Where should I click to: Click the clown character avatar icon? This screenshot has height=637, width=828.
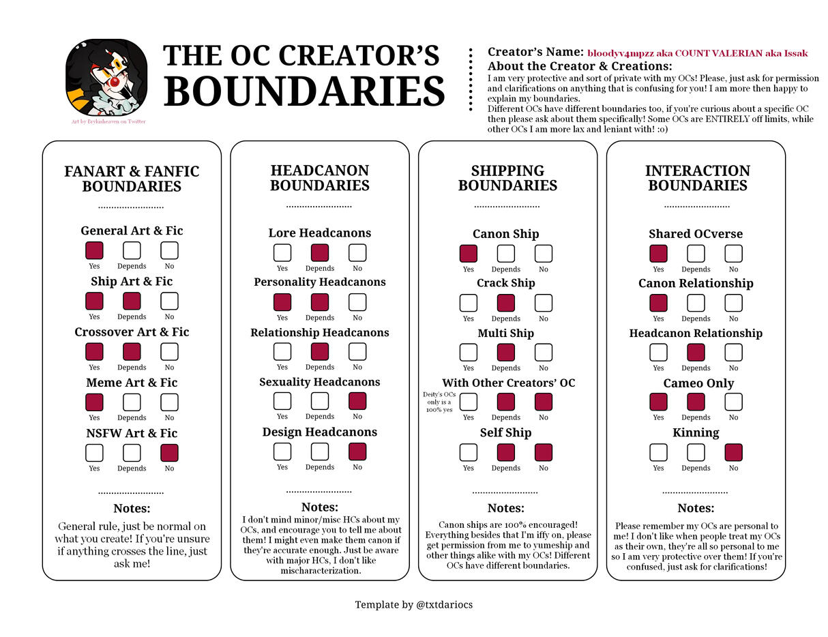(x=106, y=76)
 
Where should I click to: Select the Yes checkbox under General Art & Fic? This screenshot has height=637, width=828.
(x=94, y=250)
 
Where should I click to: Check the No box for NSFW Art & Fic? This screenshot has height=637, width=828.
(x=169, y=453)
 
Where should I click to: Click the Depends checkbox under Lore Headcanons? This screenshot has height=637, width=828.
(x=320, y=252)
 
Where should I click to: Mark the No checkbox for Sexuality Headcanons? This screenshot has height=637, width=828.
(x=357, y=401)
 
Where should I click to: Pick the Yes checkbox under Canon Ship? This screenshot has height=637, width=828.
(x=469, y=254)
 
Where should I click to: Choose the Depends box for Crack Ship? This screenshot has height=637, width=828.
(x=506, y=303)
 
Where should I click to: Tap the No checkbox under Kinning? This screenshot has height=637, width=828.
(x=733, y=452)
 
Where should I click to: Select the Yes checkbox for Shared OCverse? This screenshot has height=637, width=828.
(x=658, y=254)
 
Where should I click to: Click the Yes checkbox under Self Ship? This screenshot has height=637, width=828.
(x=469, y=452)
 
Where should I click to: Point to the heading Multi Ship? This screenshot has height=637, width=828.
(x=505, y=333)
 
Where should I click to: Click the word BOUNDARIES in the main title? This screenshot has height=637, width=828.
(x=304, y=92)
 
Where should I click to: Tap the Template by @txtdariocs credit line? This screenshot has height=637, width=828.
(x=413, y=604)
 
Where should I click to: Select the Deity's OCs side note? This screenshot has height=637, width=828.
(x=439, y=402)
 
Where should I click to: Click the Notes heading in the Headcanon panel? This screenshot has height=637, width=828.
(x=319, y=507)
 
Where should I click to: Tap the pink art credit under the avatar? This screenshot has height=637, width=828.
(x=108, y=121)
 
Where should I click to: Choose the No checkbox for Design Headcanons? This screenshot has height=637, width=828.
(x=357, y=451)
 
